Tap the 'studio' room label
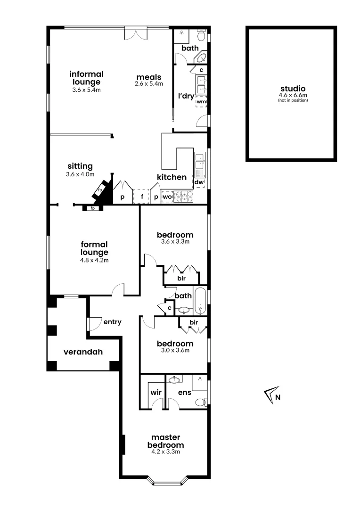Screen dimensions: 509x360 tap(293, 89)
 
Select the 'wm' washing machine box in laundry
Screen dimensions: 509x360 tap(201, 101)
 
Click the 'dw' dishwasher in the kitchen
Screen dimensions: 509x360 tap(199, 182)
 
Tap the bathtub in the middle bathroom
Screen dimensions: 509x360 tap(201, 302)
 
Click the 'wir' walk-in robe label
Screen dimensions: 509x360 tap(155, 392)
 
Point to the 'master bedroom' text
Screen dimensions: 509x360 tap(165, 441)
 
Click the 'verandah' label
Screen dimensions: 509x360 tap(83, 352)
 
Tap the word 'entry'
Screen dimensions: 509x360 tap(113, 322)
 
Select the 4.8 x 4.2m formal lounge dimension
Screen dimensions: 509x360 tap(94, 260)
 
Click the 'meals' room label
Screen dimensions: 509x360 tap(149, 77)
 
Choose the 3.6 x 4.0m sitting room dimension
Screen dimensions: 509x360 tap(80, 174)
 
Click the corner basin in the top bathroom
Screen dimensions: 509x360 tap(201, 58)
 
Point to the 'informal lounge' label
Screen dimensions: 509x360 tap(86, 78)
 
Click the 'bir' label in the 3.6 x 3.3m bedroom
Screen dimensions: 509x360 tap(181, 279)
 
